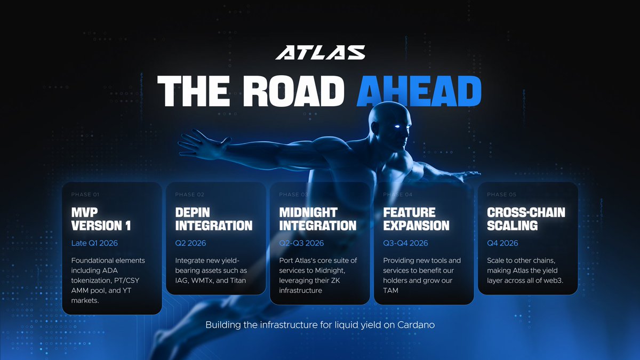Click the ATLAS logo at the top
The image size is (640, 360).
(x=320, y=52)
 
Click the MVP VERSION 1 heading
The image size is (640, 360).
(x=101, y=219)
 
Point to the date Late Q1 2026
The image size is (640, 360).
(x=94, y=243)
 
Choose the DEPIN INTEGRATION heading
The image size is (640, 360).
(x=213, y=219)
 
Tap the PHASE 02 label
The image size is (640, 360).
(x=189, y=195)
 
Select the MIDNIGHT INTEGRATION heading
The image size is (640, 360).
(x=317, y=219)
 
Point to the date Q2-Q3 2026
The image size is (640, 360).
(x=301, y=243)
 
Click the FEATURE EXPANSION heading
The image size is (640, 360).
(x=416, y=219)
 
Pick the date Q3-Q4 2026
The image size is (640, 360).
(x=405, y=243)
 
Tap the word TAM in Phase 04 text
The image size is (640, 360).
(x=391, y=290)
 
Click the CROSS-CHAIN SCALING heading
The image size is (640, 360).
(x=526, y=219)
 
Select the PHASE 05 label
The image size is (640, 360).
(x=501, y=195)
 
